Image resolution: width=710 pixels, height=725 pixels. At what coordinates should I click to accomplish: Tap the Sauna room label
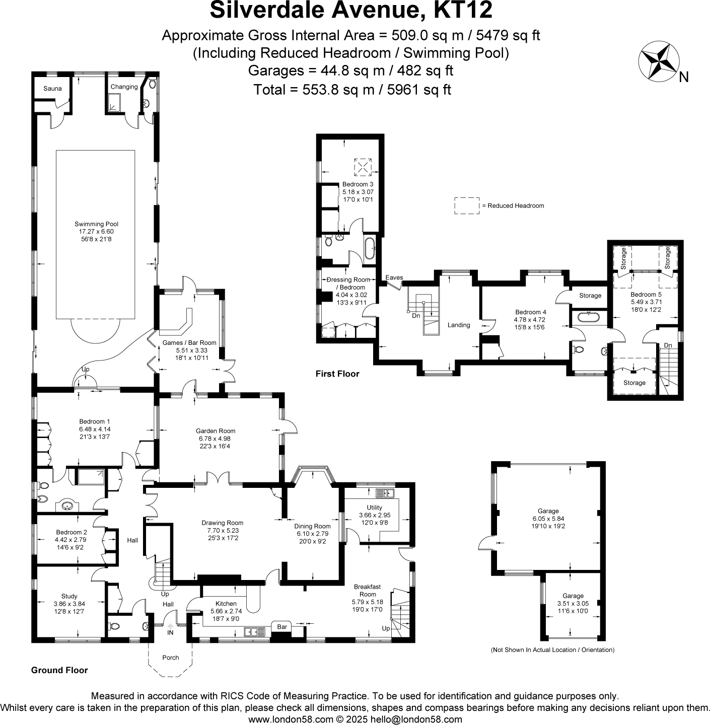click(x=52, y=89)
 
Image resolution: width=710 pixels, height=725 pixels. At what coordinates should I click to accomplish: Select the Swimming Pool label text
click(x=96, y=224)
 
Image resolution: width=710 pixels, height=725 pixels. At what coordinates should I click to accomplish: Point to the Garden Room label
click(x=216, y=431)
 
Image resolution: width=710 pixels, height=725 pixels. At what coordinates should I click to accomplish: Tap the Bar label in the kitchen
click(x=282, y=627)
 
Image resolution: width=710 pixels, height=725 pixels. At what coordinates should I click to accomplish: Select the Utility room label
click(x=374, y=507)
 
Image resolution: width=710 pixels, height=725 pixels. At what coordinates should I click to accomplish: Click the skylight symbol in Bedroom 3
click(x=362, y=166)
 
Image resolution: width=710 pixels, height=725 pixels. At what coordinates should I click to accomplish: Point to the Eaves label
click(x=394, y=277)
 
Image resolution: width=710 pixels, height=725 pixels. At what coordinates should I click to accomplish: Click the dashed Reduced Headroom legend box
click(x=466, y=206)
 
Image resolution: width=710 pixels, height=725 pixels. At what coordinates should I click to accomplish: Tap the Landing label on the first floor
click(x=459, y=325)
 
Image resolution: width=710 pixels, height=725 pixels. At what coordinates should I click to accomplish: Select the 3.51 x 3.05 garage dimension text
click(x=573, y=604)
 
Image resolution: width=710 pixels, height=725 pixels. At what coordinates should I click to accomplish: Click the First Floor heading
click(x=337, y=374)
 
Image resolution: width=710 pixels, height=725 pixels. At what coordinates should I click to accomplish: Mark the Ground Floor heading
click(x=59, y=670)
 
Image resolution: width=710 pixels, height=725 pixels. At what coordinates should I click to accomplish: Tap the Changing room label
click(x=124, y=87)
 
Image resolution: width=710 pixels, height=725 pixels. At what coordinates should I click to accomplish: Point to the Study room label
click(x=69, y=596)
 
